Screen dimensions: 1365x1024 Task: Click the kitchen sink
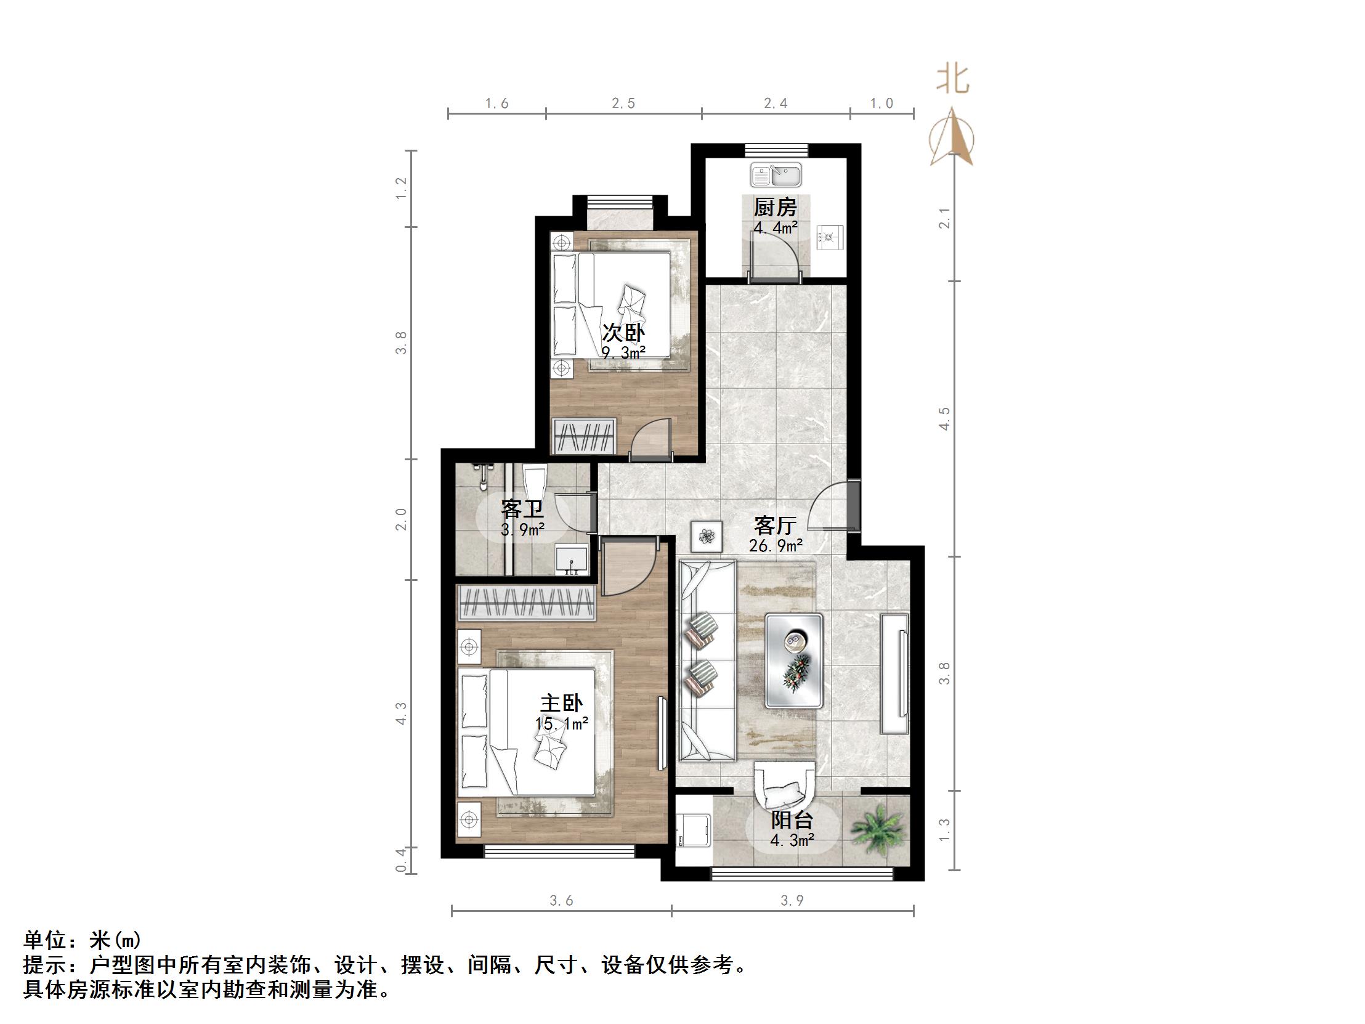pyautogui.click(x=776, y=175)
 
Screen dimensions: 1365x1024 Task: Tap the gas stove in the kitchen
pyautogui.click(x=830, y=238)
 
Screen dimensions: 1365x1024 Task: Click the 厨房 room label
pyautogui.click(x=775, y=207)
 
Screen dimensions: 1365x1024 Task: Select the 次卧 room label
pyautogui.click(x=623, y=333)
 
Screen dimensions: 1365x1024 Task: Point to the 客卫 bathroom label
pyautogui.click(x=522, y=509)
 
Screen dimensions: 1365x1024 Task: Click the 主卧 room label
pyautogui.click(x=562, y=703)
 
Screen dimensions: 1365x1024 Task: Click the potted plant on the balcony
pyautogui.click(x=879, y=829)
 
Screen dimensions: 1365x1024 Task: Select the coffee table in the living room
pyautogui.click(x=793, y=660)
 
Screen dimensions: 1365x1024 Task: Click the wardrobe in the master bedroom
pyautogui.click(x=527, y=603)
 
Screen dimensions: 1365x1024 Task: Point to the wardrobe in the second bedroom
pyautogui.click(x=585, y=436)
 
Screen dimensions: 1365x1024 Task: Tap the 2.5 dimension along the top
pyautogui.click(x=623, y=103)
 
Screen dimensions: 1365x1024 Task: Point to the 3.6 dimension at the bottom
pyautogui.click(x=562, y=901)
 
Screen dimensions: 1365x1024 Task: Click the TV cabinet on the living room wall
pyautogui.click(x=894, y=673)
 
